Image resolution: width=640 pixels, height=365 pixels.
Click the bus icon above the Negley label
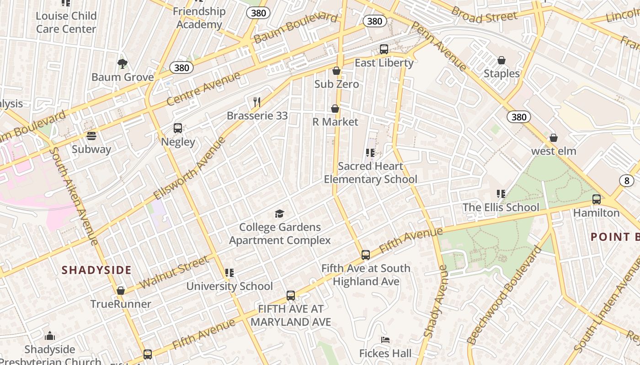(178, 128)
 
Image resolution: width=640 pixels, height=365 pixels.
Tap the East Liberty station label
(384, 63)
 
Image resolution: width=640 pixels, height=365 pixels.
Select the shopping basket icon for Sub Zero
(336, 71)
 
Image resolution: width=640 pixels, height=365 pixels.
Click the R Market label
(335, 122)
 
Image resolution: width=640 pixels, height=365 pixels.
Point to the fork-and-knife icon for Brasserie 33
(257, 102)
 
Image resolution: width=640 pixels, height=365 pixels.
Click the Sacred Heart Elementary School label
(370, 172)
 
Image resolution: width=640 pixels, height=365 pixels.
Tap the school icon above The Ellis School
(501, 194)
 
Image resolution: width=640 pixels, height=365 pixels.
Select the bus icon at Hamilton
(596, 199)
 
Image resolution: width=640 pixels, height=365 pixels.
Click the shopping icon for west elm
(554, 138)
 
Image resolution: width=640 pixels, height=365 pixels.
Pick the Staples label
(501, 73)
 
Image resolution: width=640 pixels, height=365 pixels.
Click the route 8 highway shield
(626, 181)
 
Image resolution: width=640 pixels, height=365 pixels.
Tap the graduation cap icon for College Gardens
(279, 214)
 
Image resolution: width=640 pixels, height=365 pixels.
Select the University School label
(229, 287)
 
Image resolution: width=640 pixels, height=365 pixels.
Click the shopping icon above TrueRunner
(121, 291)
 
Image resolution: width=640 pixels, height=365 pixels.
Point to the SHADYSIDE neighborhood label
(96, 270)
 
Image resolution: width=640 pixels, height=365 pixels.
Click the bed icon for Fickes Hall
(385, 340)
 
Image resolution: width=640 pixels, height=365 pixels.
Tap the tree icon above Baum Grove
(122, 63)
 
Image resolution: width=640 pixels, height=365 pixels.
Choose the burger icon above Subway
(91, 136)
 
